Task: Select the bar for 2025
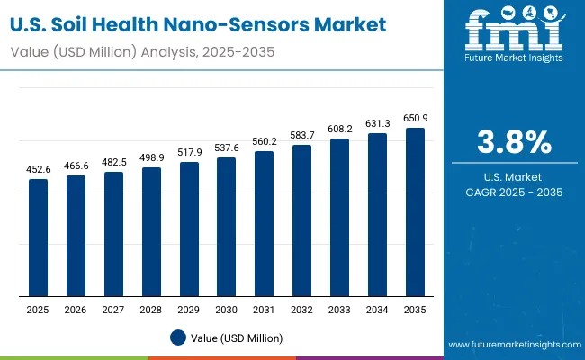pyautogui.click(x=39, y=238)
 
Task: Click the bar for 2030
pyautogui.click(x=227, y=227)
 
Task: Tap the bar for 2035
pyautogui.click(x=415, y=212)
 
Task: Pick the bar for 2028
pyautogui.click(x=152, y=232)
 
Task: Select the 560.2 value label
pyautogui.click(x=265, y=143)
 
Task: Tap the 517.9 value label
pyautogui.click(x=189, y=154)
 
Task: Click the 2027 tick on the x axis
pyautogui.click(x=114, y=310)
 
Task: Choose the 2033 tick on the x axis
pyautogui.click(x=340, y=310)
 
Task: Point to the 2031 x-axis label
pyautogui.click(x=265, y=310)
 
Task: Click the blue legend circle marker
pyautogui.click(x=178, y=337)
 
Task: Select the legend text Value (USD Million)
pyautogui.click(x=236, y=337)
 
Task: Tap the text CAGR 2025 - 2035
pyautogui.click(x=514, y=193)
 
